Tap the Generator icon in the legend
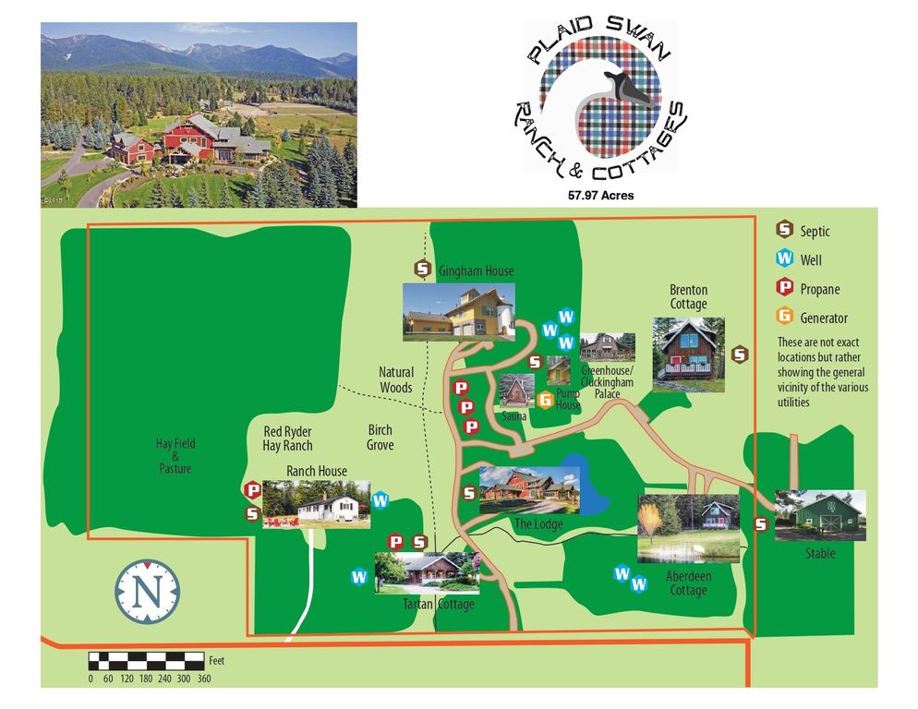coord(784,317)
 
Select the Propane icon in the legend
coord(784,288)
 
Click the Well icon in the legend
coord(784,259)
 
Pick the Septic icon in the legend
coord(784,231)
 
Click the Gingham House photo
coord(458,312)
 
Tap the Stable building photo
coord(819,515)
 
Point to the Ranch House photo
coord(316,504)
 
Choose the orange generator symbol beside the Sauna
coord(545,400)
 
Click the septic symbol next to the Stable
coord(761,524)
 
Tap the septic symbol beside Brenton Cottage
coord(739,353)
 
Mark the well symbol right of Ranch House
coord(380,501)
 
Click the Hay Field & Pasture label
coord(175,456)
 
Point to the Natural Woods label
coord(396,379)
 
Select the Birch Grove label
coord(380,438)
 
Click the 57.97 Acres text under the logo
coord(600,196)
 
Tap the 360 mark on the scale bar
coord(204,679)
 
